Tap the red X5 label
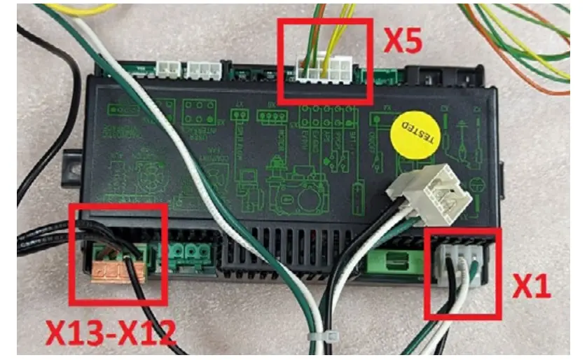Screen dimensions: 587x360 coord(403,42)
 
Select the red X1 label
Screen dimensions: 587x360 coord(532,285)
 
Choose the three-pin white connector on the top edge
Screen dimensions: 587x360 coord(204,68)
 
